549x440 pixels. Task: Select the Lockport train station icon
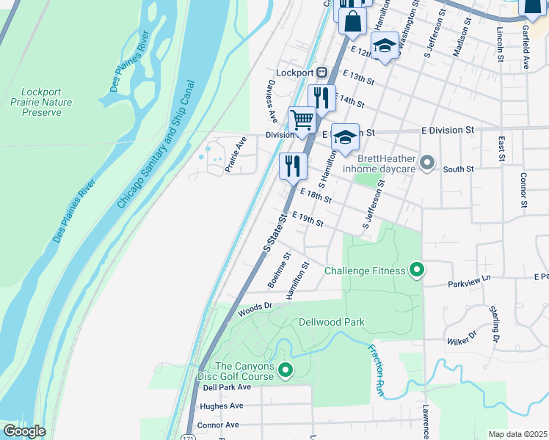point(321,73)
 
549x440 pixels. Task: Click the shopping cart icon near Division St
point(302,120)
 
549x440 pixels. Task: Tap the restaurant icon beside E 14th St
point(321,98)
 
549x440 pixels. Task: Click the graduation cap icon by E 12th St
point(384,46)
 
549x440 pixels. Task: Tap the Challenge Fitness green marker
point(416,271)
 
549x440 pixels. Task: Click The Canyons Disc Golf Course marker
point(286,372)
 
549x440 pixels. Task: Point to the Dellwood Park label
point(331,322)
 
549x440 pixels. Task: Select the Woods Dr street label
point(255,309)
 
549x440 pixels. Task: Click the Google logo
point(23,431)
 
